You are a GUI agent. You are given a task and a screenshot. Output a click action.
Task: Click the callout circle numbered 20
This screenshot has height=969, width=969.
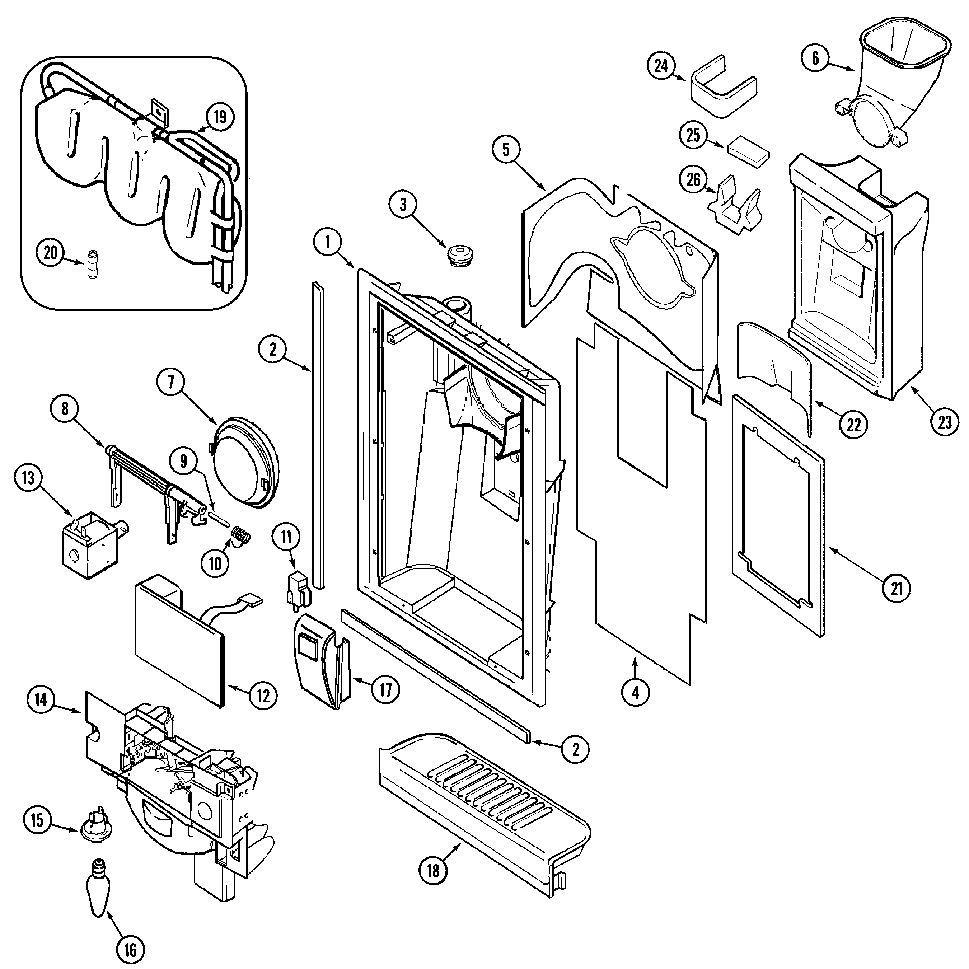click(x=51, y=252)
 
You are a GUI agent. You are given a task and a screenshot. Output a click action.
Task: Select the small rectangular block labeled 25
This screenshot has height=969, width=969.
click(x=748, y=151)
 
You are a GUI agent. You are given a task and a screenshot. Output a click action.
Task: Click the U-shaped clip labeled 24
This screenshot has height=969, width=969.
click(x=723, y=88)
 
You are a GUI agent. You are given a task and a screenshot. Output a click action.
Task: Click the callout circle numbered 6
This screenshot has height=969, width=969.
click(x=815, y=59)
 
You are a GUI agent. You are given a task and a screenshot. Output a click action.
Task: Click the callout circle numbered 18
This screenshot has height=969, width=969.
click(x=433, y=871)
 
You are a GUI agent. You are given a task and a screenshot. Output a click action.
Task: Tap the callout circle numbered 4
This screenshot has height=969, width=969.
click(x=636, y=693)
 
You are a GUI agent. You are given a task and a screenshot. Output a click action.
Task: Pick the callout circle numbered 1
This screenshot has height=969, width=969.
click(x=328, y=242)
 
